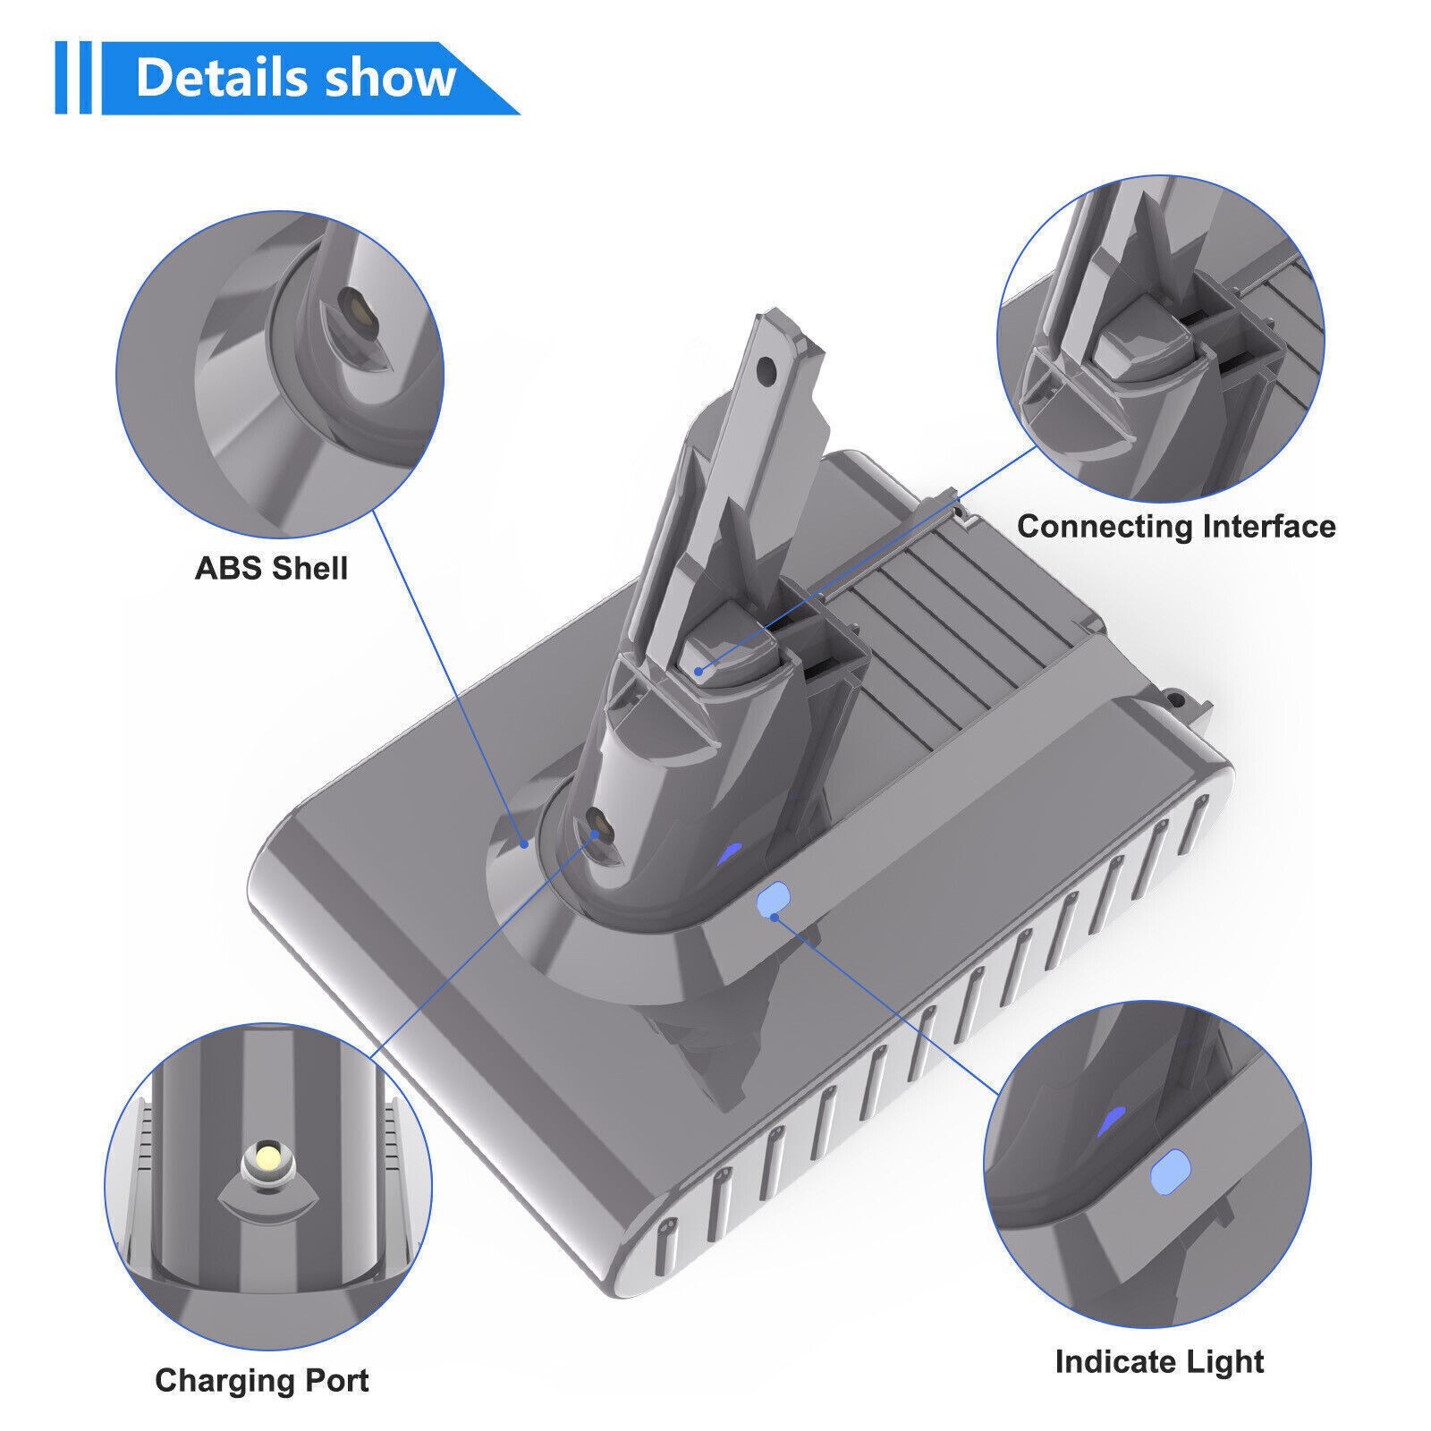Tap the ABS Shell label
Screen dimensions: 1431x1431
tap(271, 568)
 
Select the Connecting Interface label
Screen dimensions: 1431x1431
tap(1176, 526)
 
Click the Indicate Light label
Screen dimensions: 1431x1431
tap(1159, 1361)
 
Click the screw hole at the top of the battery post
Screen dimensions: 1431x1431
tap(764, 368)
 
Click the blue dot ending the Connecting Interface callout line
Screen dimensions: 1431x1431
tap(699, 668)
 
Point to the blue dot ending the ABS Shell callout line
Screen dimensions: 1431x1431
tap(526, 841)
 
